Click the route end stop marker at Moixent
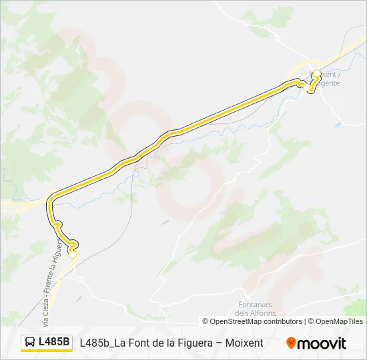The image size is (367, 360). coord(317,75)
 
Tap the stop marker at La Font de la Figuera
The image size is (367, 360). coord(73,254)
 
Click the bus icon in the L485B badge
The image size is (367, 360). coord(30,343)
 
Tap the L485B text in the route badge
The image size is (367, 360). coord(54,343)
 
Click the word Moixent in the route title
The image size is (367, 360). coord(245,343)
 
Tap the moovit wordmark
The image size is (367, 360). coord(322,343)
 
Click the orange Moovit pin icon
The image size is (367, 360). coord(291,343)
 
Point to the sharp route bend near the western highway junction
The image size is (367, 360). coord(51,198)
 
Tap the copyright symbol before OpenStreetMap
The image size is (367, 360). coord(206,321)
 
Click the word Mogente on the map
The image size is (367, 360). coord(327,83)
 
